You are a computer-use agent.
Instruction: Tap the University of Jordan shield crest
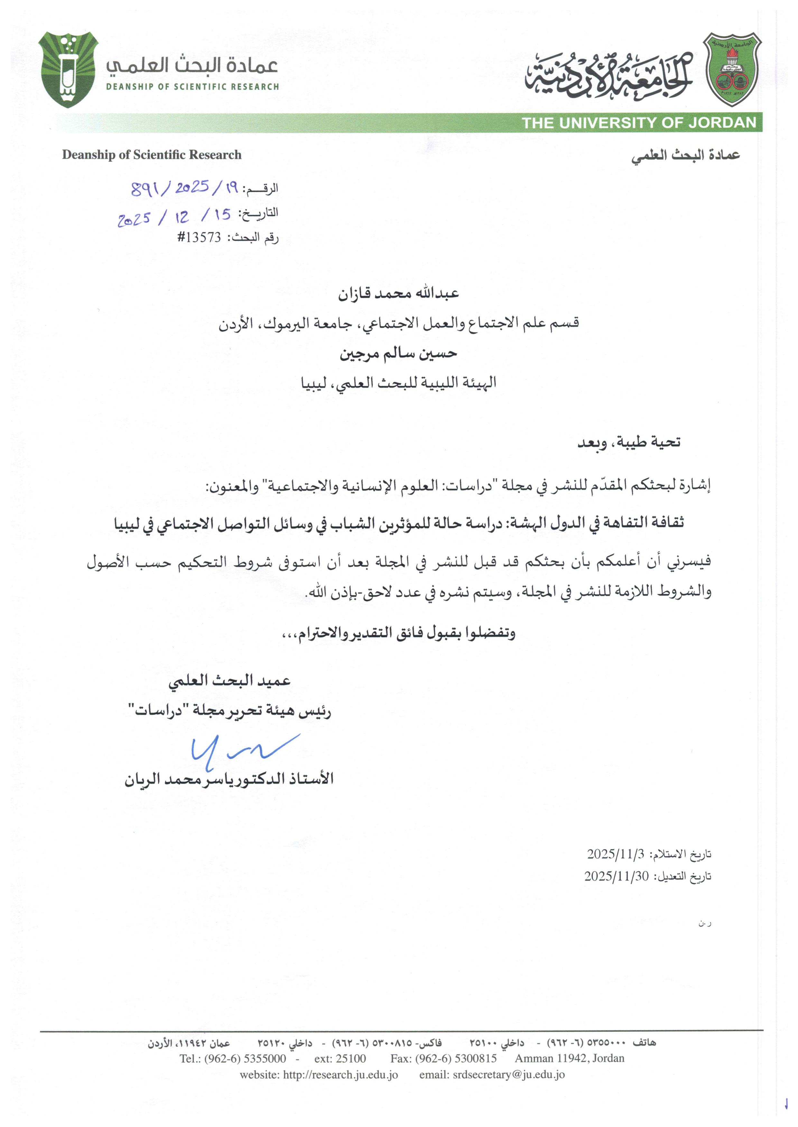[732, 70]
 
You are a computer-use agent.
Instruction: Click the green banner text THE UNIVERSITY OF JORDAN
[639, 123]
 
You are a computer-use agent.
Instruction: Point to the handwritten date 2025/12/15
[174, 216]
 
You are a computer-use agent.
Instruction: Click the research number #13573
[199, 238]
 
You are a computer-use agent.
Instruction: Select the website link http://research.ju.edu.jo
[340, 1075]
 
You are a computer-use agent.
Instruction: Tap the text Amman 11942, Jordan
[570, 1058]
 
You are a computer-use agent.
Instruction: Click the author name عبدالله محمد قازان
[398, 294]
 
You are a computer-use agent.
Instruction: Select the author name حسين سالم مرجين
[398, 354]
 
